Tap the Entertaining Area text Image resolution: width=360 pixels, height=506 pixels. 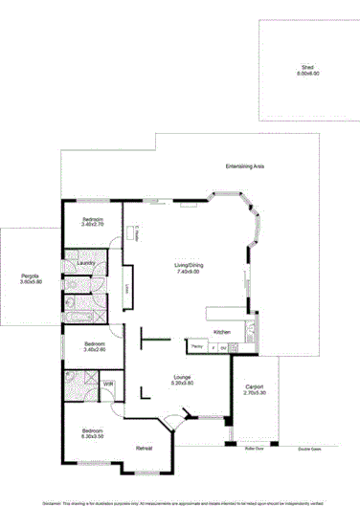click(245, 165)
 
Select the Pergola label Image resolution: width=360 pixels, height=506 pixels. click(32, 276)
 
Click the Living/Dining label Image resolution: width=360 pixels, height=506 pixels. click(187, 265)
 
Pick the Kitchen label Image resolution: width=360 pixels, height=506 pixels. click(222, 331)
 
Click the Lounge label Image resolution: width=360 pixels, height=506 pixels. click(183, 377)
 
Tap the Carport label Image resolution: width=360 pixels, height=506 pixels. click(255, 386)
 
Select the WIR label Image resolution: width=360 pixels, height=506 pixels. click(109, 384)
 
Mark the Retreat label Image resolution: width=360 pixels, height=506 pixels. click(144, 449)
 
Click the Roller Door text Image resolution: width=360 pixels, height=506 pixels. click(254, 448)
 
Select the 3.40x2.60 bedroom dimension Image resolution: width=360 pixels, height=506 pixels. click(96, 350)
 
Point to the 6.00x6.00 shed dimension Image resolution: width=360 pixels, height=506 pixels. click(307, 74)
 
